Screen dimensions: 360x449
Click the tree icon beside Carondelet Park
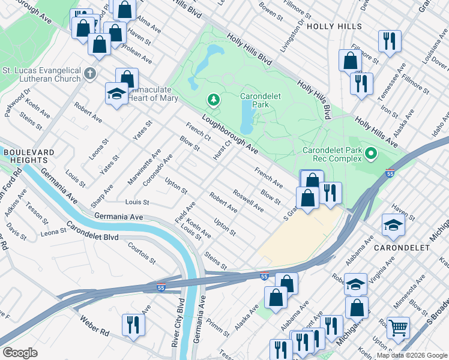[212, 99]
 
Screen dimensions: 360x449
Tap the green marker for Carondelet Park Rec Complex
[370, 154]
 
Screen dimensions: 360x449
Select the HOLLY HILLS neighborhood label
[334, 26]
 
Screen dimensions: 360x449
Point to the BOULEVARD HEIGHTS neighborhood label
[25, 157]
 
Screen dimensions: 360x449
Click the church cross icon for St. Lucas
[90, 74]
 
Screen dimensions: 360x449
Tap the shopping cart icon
[397, 328]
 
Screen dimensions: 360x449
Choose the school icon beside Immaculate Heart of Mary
[116, 94]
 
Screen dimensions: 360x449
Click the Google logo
[20, 353]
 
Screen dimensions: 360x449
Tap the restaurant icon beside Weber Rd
[133, 325]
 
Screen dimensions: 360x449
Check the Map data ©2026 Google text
[412, 355]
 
